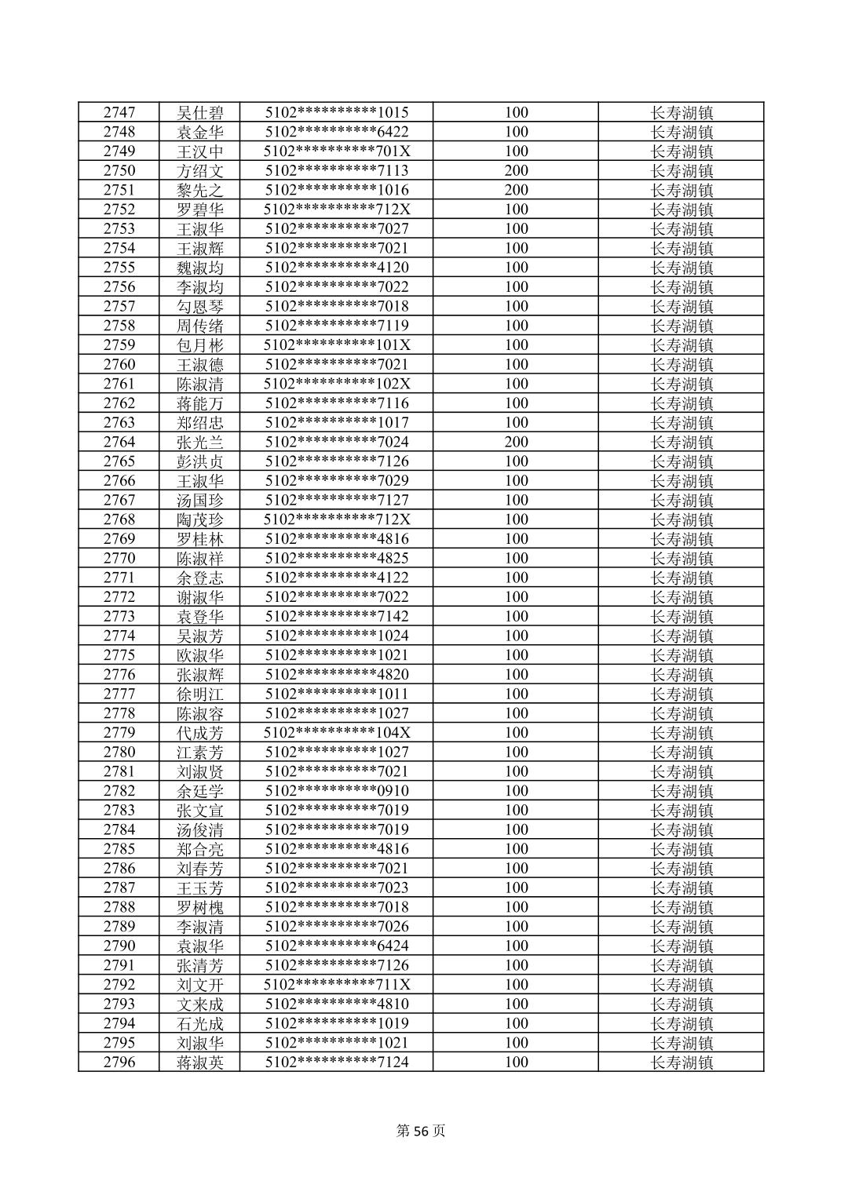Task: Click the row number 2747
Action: click(x=119, y=112)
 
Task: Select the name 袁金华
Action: click(x=200, y=132)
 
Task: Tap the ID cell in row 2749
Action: click(x=337, y=151)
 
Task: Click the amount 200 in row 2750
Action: click(x=516, y=170)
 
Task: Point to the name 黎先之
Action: click(x=200, y=190)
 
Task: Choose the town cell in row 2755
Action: click(x=681, y=268)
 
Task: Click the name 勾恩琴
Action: click(x=200, y=306)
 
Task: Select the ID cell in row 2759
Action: click(x=337, y=345)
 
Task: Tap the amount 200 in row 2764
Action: click(x=516, y=442)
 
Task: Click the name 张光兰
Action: click(x=200, y=442)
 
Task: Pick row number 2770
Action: click(x=119, y=558)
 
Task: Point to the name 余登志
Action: click(x=200, y=578)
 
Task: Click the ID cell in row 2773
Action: click(x=337, y=616)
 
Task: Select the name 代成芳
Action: click(x=200, y=732)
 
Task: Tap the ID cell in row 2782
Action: click(x=337, y=790)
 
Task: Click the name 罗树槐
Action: click(x=200, y=907)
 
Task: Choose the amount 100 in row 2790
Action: click(x=516, y=946)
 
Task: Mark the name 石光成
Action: click(x=200, y=1023)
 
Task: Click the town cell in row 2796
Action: click(x=681, y=1062)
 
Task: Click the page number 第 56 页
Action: click(x=421, y=1131)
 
